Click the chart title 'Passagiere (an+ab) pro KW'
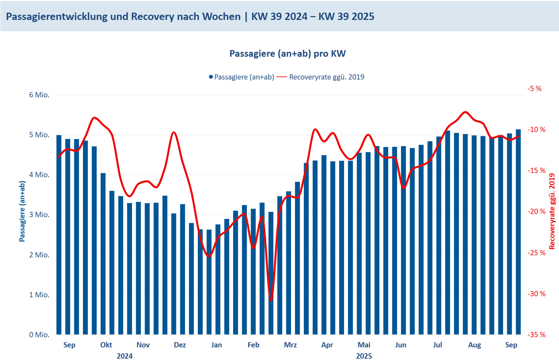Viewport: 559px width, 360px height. pos(287,54)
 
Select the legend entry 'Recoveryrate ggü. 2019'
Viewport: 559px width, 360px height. pos(326,77)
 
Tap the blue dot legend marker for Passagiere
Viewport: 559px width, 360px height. pos(211,77)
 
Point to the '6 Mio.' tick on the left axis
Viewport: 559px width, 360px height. pos(39,95)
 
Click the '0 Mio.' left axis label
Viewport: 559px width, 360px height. pos(39,335)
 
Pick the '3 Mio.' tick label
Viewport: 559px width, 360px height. pos(39,215)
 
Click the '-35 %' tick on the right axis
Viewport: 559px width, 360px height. pos(537,335)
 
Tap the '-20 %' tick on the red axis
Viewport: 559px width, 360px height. pos(537,212)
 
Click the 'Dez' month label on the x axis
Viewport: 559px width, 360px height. pos(180,345)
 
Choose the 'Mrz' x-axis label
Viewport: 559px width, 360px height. pos(290,345)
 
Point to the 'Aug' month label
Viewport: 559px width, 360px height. pos(474,345)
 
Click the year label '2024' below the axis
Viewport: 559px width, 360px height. pos(125,356)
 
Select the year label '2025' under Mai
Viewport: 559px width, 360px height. pos(364,356)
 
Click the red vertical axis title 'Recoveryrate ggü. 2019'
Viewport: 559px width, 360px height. pos(552,211)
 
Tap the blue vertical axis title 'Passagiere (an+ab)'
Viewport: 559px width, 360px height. pos(22,211)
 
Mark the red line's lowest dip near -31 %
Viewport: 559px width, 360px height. pos(271,300)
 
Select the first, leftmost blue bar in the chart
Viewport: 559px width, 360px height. pos(59,235)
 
